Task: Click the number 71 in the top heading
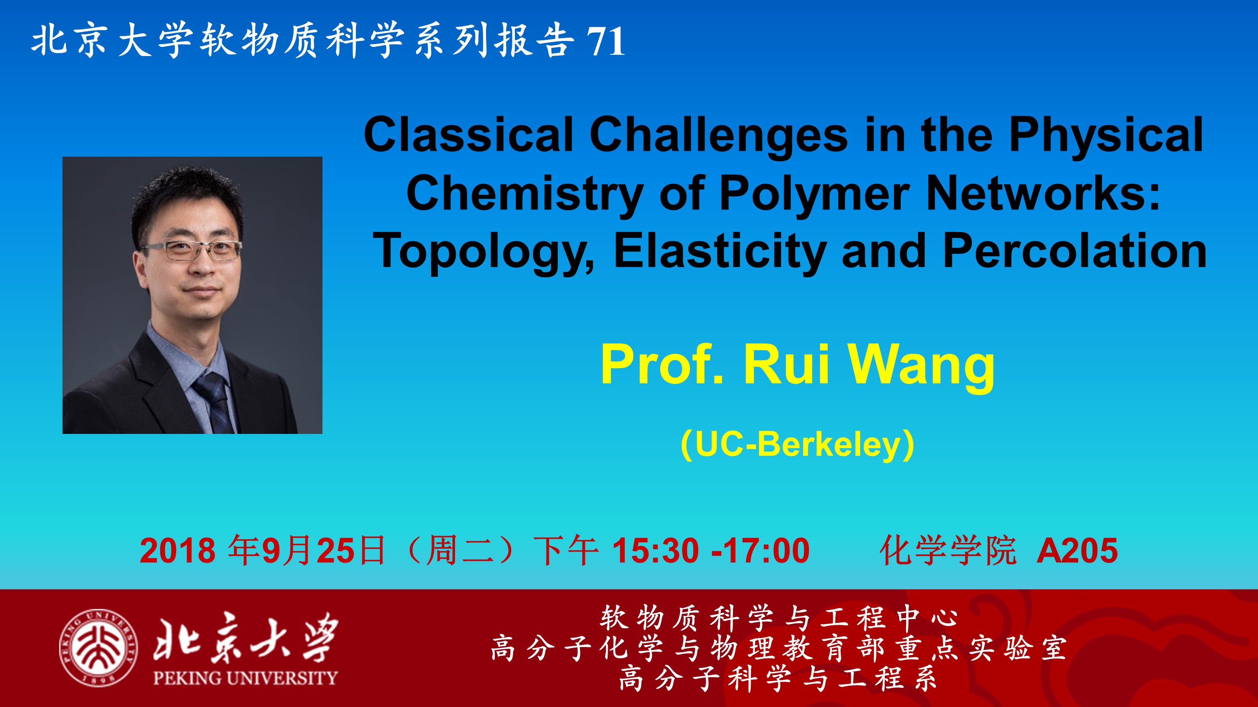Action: (606, 41)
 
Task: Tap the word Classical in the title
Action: (468, 134)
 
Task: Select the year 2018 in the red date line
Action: (177, 551)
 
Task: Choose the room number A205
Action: (1077, 551)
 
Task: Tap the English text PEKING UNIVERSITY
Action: (245, 678)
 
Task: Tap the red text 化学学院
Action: (947, 551)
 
